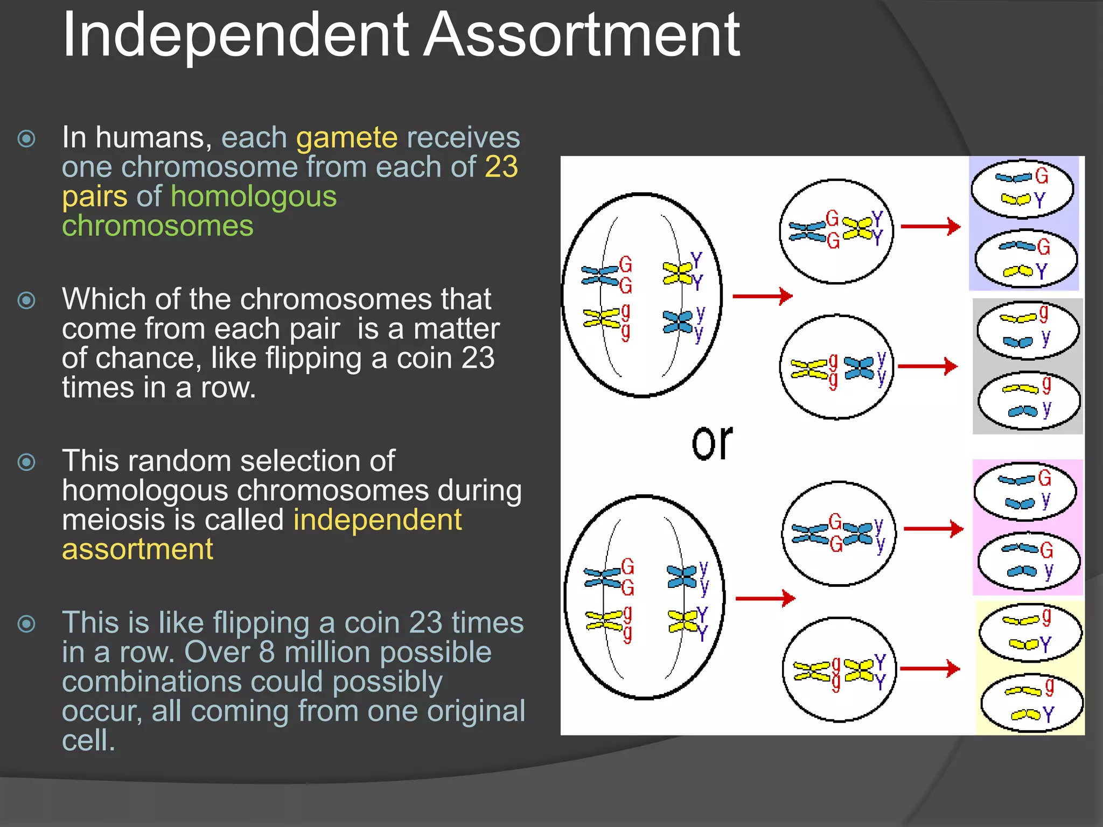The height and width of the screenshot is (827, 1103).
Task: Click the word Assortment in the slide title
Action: pos(582,36)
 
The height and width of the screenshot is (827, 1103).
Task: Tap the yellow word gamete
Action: pos(347,138)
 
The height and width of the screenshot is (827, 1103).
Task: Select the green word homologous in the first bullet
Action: pos(254,197)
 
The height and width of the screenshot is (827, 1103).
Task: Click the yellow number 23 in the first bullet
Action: pos(501,167)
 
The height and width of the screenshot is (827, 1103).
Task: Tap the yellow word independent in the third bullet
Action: pos(377,520)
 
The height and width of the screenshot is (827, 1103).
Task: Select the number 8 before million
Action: pos(267,652)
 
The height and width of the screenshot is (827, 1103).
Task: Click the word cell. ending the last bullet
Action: pos(88,741)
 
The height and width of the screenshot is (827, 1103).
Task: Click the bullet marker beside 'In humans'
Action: pos(26,139)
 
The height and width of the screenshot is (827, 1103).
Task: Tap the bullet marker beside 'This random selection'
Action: pos(26,462)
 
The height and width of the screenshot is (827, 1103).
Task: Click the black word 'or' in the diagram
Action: pos(712,443)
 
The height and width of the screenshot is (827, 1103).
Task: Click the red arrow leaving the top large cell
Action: pos(763,296)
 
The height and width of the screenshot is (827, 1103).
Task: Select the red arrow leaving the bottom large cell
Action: pos(765,598)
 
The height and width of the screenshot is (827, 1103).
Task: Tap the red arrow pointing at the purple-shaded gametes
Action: pos(931,227)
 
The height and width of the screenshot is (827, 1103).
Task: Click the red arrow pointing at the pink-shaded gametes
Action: pos(933,529)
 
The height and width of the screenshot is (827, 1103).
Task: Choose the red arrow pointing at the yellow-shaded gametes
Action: pos(930,669)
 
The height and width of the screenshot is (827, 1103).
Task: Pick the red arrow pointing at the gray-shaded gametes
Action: pos(928,367)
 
